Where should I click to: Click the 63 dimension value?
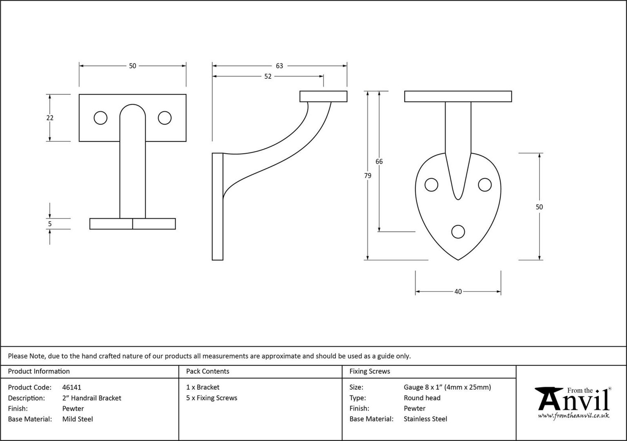coord(279,66)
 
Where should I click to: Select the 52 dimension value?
coord(268,76)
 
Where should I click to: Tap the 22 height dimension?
coord(50,118)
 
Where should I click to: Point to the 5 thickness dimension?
coord(50,224)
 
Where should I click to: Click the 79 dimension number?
coord(367,176)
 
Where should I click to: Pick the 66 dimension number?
coord(379,162)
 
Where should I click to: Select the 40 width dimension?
coord(458,292)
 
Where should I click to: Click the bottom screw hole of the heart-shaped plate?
coord(458,232)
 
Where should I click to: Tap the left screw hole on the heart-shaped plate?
coord(431,185)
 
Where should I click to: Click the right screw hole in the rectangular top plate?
coord(165,118)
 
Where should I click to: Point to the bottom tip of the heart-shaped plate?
coord(458,260)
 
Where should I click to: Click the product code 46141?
coord(72,387)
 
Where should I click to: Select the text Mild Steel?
coord(78,419)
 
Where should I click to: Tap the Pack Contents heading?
coord(208,371)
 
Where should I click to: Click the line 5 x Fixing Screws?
coord(211,398)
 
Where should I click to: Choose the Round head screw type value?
coord(422,398)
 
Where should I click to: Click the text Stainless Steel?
coord(425,419)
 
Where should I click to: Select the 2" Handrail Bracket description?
coord(92,398)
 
